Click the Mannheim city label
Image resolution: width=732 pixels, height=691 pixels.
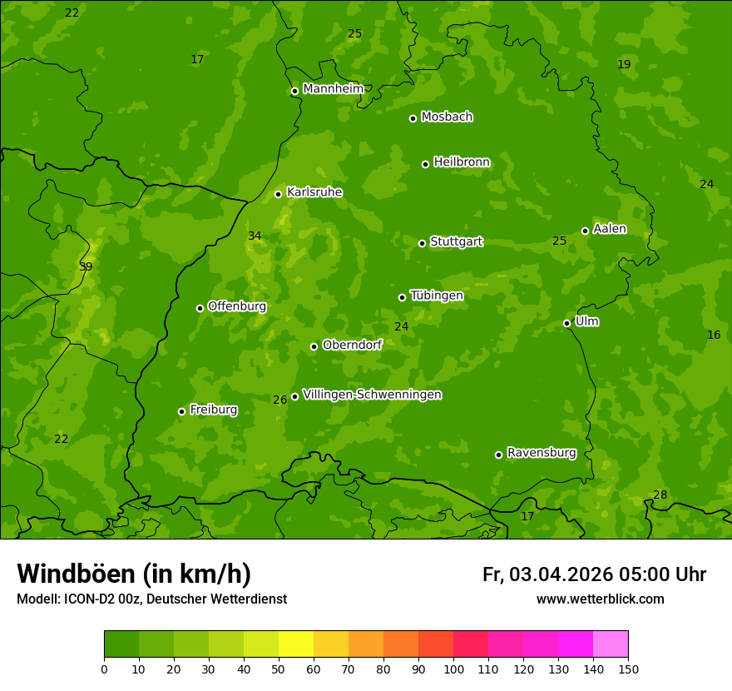(x=333, y=89)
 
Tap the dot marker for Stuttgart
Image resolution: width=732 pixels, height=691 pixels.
(x=422, y=243)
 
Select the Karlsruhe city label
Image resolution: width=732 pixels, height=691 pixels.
(x=314, y=192)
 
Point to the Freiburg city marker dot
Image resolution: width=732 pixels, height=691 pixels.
(x=181, y=411)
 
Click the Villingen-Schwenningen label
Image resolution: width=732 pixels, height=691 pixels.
(x=372, y=395)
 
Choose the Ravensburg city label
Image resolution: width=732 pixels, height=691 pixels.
(x=541, y=453)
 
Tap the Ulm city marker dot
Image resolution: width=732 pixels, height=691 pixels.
(x=566, y=323)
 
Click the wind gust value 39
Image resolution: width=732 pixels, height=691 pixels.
(x=86, y=267)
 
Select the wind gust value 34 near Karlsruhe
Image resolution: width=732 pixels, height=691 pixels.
(x=255, y=236)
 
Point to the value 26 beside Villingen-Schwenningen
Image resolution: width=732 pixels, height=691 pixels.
(x=279, y=400)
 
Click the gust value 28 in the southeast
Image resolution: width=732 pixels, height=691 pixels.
(x=660, y=495)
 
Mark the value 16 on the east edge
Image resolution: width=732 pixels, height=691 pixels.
(x=714, y=335)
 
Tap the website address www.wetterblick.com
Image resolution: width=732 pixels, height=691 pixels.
(x=600, y=599)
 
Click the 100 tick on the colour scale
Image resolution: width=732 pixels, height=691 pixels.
(x=453, y=669)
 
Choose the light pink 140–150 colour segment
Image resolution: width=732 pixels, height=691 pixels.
(x=611, y=644)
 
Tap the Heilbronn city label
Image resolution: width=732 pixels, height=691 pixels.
(x=462, y=162)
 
